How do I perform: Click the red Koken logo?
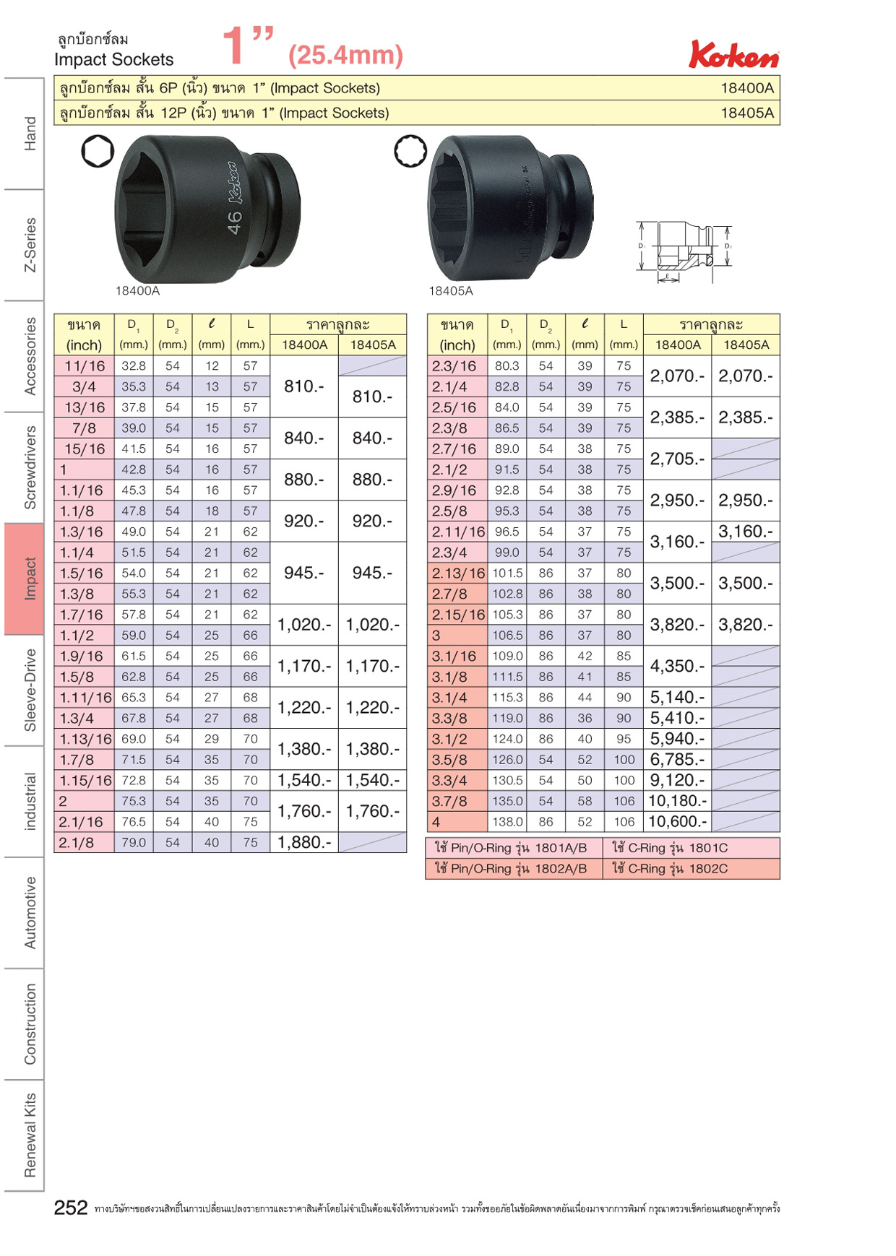(x=733, y=55)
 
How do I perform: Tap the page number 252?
(x=71, y=1208)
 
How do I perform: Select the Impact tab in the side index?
(x=25, y=579)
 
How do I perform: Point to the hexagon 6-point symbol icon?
(x=98, y=151)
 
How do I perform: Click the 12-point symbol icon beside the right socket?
(x=410, y=152)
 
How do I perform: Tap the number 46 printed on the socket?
(x=234, y=222)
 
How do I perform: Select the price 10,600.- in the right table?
(x=677, y=822)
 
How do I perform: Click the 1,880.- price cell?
(x=304, y=842)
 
